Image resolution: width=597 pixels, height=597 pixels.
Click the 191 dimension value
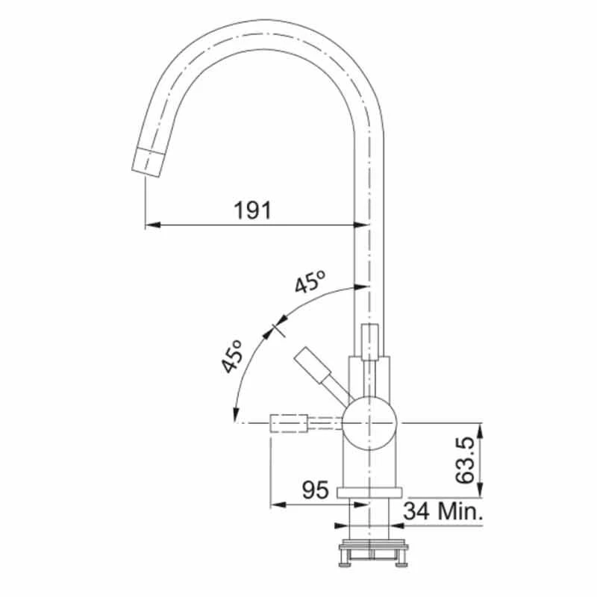[251, 210]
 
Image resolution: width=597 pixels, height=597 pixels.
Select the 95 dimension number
[315, 490]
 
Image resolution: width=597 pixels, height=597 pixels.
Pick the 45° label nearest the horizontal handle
[233, 356]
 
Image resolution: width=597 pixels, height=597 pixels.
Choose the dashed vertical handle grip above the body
[370, 340]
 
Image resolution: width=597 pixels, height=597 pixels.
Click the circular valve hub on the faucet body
[370, 423]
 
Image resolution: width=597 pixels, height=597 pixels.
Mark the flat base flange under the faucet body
[370, 492]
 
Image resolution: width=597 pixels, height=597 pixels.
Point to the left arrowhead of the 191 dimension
[149, 224]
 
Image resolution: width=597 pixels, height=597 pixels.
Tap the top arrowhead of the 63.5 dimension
[481, 428]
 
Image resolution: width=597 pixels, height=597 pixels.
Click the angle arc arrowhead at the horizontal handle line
[236, 418]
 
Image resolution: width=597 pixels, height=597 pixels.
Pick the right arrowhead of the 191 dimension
[365, 224]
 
